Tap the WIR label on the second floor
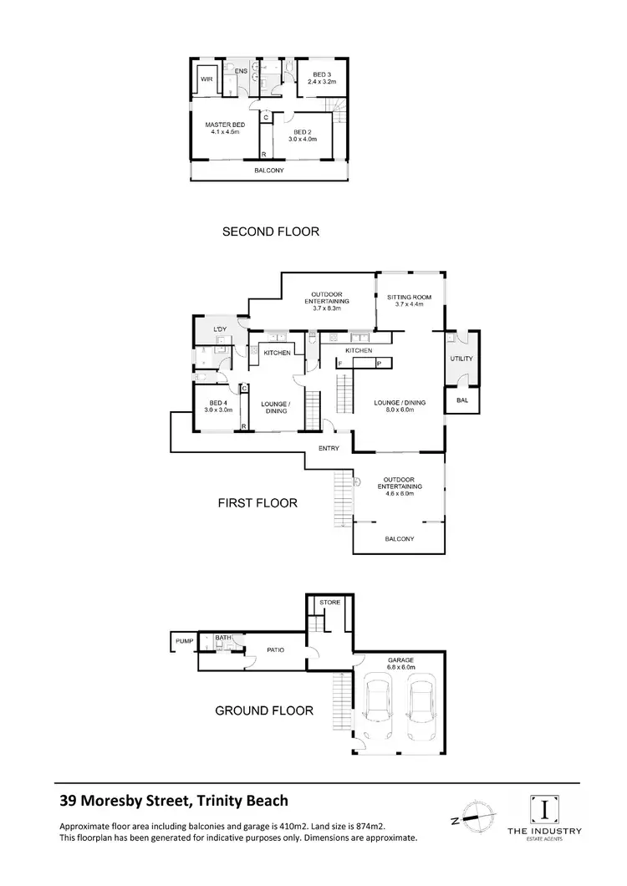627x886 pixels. coord(206,81)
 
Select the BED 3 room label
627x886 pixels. coord(322,79)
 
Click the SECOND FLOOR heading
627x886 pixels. coord(270,232)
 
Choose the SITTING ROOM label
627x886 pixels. coord(410,299)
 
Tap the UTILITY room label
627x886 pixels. coord(461,359)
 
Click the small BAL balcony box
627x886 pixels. coord(462,400)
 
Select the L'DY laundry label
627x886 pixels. coord(221,330)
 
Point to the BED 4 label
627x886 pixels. coord(217,406)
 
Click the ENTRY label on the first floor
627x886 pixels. coord(329,449)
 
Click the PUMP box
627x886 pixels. coord(183,642)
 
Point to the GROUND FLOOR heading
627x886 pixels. coord(264,711)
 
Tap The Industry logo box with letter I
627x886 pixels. coord(545,808)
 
